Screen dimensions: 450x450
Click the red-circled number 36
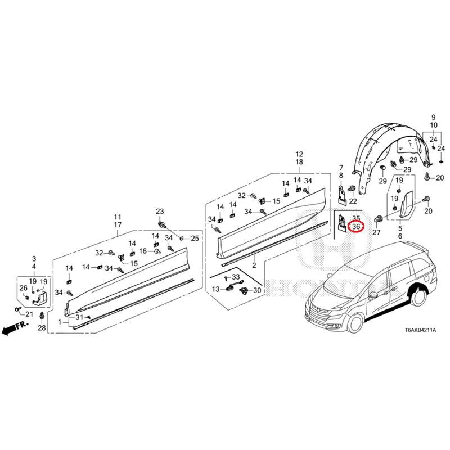pos(355,227)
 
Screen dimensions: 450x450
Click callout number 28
pos(42,328)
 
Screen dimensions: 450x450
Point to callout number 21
pos(29,314)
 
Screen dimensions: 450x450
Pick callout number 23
pos(159,211)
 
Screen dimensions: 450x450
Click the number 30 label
pos(257,290)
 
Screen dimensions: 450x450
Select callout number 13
pos(216,289)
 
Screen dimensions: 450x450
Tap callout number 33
pos(235,277)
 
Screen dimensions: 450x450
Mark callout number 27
pos(376,232)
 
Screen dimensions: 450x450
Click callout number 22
pos(353,201)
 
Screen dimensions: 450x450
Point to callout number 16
pos(143,251)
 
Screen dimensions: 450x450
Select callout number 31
pos(79,318)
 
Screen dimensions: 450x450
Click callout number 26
pos(23,289)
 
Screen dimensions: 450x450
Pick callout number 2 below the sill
pos(254,265)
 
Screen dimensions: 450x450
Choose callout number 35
pos(355,218)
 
